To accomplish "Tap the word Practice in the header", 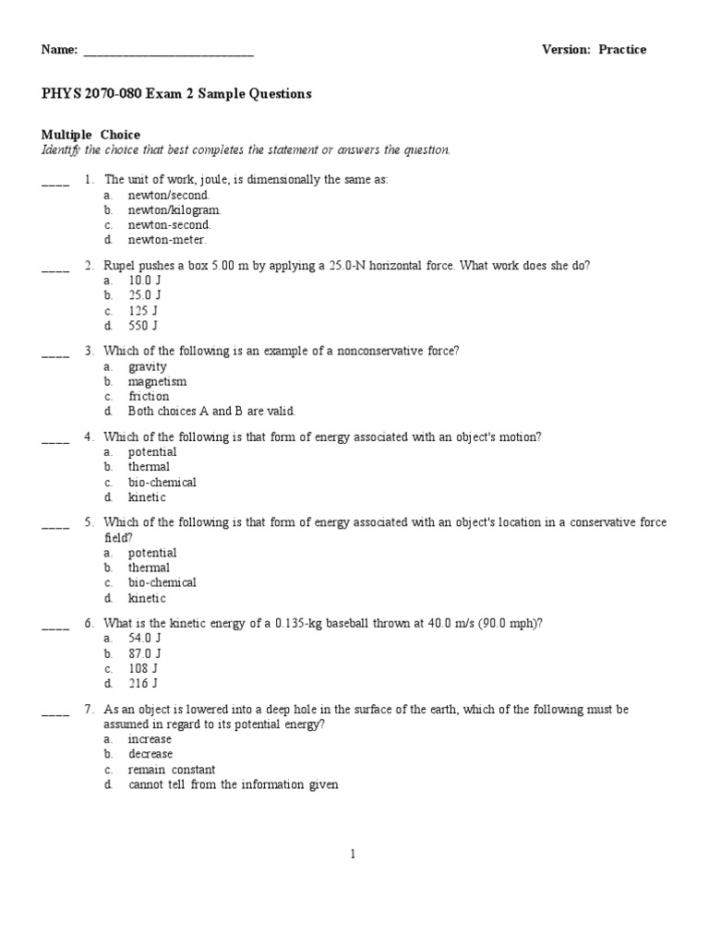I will pyautogui.click(x=622, y=50).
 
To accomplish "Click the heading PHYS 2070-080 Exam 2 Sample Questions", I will pyautogui.click(x=176, y=94).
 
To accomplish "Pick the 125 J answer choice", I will pyautogui.click(x=143, y=311).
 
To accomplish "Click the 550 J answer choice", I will pyautogui.click(x=143, y=326).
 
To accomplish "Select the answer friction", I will pyautogui.click(x=149, y=397).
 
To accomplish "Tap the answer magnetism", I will pyautogui.click(x=157, y=382).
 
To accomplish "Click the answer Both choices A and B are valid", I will pyautogui.click(x=211, y=412).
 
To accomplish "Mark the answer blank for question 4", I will pyautogui.click(x=55, y=440).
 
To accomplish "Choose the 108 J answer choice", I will pyautogui.click(x=143, y=668).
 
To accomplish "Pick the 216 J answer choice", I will pyautogui.click(x=143, y=684).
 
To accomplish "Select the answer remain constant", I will pyautogui.click(x=172, y=770).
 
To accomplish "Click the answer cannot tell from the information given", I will pyautogui.click(x=234, y=785).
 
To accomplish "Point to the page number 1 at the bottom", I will pyautogui.click(x=353, y=855).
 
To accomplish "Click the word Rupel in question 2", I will pyautogui.click(x=119, y=266).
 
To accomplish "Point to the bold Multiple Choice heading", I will pyautogui.click(x=91, y=136).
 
